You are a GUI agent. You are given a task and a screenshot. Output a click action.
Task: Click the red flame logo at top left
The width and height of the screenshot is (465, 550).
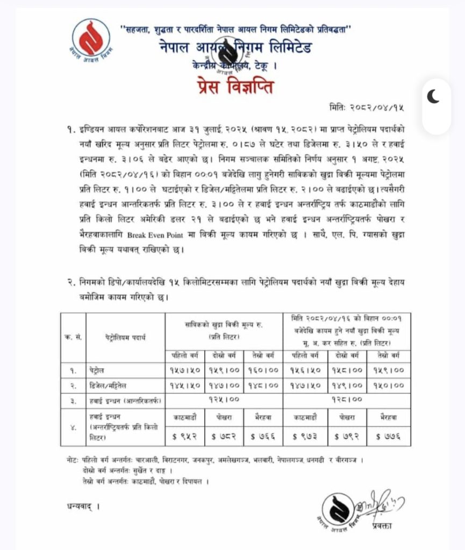(x=91, y=40)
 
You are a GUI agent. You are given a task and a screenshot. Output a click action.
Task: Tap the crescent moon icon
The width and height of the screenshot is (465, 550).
(x=433, y=97)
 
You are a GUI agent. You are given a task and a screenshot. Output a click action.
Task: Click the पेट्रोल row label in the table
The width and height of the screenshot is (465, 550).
(x=98, y=371)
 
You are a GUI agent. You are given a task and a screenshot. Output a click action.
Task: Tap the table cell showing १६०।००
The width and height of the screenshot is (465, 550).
(x=263, y=371)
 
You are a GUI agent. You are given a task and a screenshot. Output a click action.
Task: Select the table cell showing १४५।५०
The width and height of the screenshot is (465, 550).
(x=185, y=385)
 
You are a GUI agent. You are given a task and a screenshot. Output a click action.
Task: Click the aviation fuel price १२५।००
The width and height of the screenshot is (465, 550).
(x=224, y=400)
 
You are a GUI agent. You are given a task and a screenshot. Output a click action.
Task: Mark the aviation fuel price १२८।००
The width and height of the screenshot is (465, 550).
(x=347, y=400)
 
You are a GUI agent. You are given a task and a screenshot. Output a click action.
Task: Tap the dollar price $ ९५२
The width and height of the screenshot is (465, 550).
(x=185, y=436)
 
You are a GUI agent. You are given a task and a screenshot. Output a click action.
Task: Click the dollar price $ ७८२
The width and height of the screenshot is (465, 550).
(x=224, y=436)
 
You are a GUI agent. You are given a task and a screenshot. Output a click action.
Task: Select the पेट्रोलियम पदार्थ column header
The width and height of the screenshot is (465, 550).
(x=125, y=338)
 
